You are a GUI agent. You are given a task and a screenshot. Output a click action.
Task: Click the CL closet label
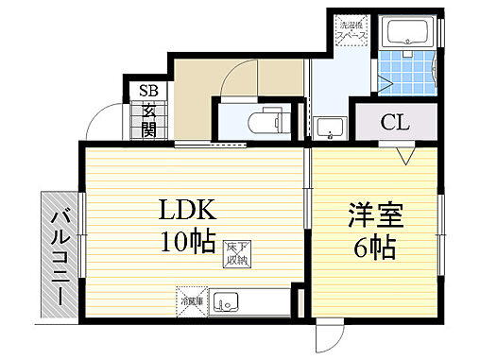point(395,123)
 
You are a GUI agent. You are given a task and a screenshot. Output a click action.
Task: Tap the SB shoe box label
point(149,92)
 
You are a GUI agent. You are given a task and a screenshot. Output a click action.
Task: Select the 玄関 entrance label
point(149,120)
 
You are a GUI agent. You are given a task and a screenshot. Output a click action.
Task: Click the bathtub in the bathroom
point(409,36)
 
